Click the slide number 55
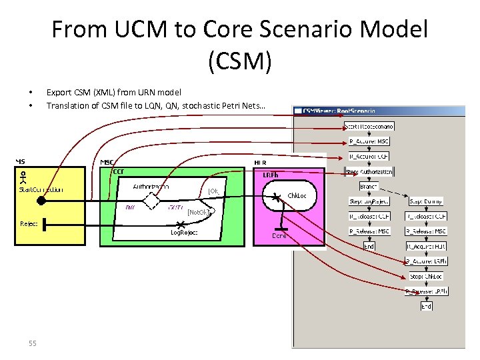click(x=32, y=343)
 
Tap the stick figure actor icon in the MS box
click(x=24, y=177)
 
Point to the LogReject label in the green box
click(x=184, y=233)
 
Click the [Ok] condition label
click(x=213, y=191)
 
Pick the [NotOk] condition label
click(x=199, y=213)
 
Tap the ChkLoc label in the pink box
click(x=297, y=196)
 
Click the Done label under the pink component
click(x=279, y=235)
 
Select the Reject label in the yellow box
click(x=28, y=224)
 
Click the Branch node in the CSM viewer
click(x=369, y=186)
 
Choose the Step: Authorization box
click(x=369, y=171)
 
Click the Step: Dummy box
click(x=425, y=201)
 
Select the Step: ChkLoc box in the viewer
click(x=425, y=276)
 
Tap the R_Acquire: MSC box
click(x=369, y=141)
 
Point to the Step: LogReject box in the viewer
click(x=369, y=201)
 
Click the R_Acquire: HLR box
click(x=425, y=246)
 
